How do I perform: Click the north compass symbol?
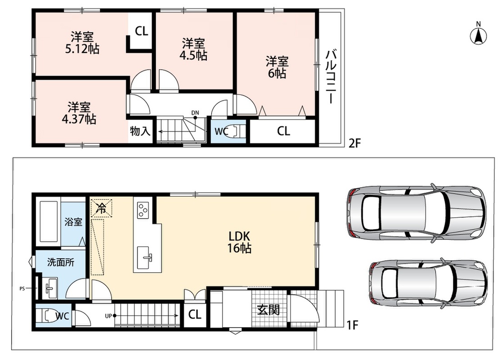pyautogui.click(x=478, y=33)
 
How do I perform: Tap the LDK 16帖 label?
pyautogui.click(x=240, y=242)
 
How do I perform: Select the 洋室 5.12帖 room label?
pyautogui.click(x=82, y=43)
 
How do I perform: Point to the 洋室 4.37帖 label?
pyautogui.click(x=79, y=113)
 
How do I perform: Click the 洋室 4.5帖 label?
pyautogui.click(x=193, y=49)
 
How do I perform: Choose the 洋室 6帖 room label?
pyautogui.click(x=277, y=67)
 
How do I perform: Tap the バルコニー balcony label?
pyautogui.click(x=331, y=77)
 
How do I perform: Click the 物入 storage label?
pyautogui.click(x=140, y=131)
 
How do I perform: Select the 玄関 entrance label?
pyautogui.click(x=268, y=310)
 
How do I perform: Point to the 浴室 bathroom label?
pyautogui.click(x=73, y=222)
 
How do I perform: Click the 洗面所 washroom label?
pyautogui.click(x=61, y=262)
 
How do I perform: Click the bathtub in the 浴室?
pyautogui.click(x=49, y=221)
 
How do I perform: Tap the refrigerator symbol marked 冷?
pyautogui.click(x=102, y=208)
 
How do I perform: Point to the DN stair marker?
pyautogui.click(x=195, y=113)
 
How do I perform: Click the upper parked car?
pyautogui.click(x=417, y=212)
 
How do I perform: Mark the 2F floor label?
pyautogui.click(x=355, y=143)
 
